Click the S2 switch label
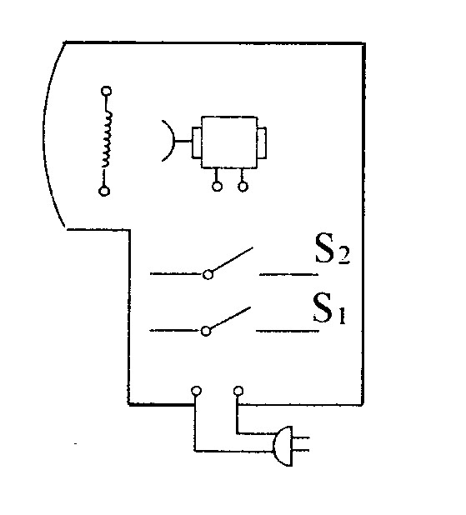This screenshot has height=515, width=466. tap(333, 248)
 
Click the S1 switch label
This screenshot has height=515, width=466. tap(329, 308)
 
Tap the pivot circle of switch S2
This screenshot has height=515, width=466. tap(208, 274)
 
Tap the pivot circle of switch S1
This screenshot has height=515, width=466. tap(206, 331)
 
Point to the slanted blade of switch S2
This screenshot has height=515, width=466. tap(233, 259)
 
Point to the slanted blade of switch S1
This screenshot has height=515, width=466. tap(230, 317)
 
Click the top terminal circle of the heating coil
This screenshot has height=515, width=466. tap(106, 91)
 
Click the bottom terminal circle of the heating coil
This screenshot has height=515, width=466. tap(104, 191)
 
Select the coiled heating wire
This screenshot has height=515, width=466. tap(108, 139)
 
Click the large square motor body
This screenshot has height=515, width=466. tap(229, 142)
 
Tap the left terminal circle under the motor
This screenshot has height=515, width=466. tap(217, 187)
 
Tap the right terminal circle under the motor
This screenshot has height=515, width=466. tap(243, 187)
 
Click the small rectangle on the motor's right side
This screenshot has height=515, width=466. tap(263, 143)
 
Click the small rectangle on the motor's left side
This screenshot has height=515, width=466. tap(197, 142)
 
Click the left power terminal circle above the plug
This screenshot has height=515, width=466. tap(196, 391)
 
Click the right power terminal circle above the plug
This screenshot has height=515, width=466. tap(238, 391)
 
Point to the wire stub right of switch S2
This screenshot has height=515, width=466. tap(289, 274)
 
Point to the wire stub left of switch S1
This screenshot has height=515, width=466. tap(175, 330)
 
